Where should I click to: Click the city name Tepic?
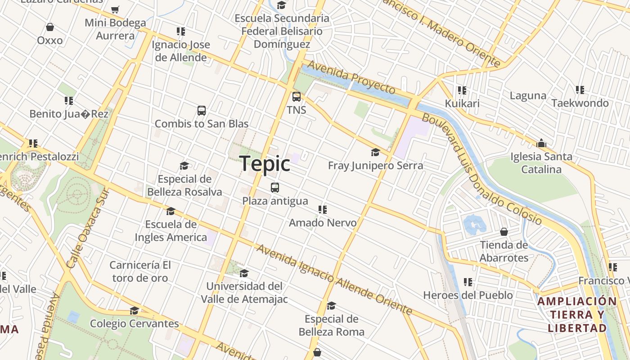[x=265, y=163]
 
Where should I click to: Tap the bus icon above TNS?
[x=297, y=96]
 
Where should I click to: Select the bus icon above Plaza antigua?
[x=275, y=188]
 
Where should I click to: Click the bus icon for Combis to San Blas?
[x=202, y=110]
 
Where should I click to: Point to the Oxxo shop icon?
[x=50, y=27]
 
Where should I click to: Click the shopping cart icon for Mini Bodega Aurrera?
[x=115, y=9]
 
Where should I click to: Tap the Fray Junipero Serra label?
[x=375, y=166]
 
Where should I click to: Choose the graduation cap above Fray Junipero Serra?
[x=375, y=153]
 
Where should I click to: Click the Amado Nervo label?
[x=323, y=223]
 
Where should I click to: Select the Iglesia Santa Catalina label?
[x=541, y=163]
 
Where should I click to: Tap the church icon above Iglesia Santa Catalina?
[x=541, y=144]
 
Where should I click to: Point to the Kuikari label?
[x=462, y=103]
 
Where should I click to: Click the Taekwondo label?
[x=580, y=103]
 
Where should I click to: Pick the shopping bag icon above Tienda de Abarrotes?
[x=504, y=232]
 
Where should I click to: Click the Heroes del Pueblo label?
[x=468, y=295]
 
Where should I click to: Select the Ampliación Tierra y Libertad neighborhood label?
[x=577, y=315]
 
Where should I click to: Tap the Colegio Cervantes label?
[x=134, y=324]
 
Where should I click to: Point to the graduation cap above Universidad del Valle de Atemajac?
[x=244, y=273]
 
